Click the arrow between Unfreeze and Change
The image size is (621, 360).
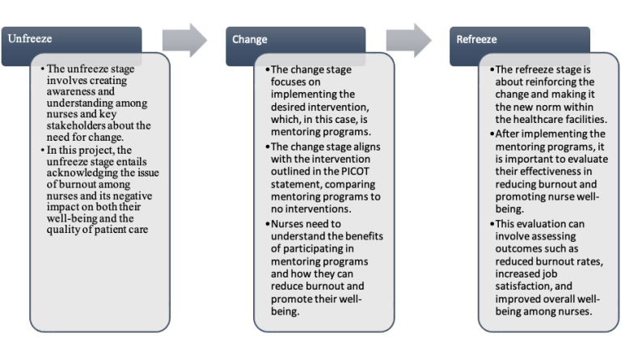point(184,40)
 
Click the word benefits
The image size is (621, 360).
point(361,235)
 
